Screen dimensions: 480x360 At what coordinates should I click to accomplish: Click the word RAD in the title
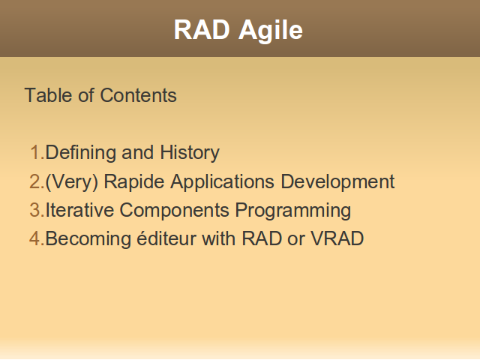(202, 30)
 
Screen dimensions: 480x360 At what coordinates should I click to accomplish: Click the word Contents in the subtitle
(138, 95)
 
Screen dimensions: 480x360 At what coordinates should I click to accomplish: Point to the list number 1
(37, 152)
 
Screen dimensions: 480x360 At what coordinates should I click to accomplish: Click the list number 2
(37, 181)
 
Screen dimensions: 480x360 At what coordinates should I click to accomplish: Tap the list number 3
(37, 210)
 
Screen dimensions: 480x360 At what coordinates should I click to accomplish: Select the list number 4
(37, 238)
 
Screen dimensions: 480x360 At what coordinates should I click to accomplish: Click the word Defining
(81, 153)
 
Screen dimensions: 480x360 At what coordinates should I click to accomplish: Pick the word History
(190, 153)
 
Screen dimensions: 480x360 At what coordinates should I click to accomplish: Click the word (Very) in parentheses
(72, 182)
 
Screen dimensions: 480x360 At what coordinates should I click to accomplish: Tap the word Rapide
(134, 182)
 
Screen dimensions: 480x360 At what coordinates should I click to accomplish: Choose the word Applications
(222, 182)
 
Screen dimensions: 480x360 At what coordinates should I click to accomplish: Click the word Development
(337, 182)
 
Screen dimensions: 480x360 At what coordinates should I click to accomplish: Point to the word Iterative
(79, 210)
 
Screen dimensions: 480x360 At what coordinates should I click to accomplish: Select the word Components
(174, 211)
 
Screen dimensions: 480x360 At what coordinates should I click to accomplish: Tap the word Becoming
(88, 239)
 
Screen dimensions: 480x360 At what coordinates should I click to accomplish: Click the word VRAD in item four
(337, 238)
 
